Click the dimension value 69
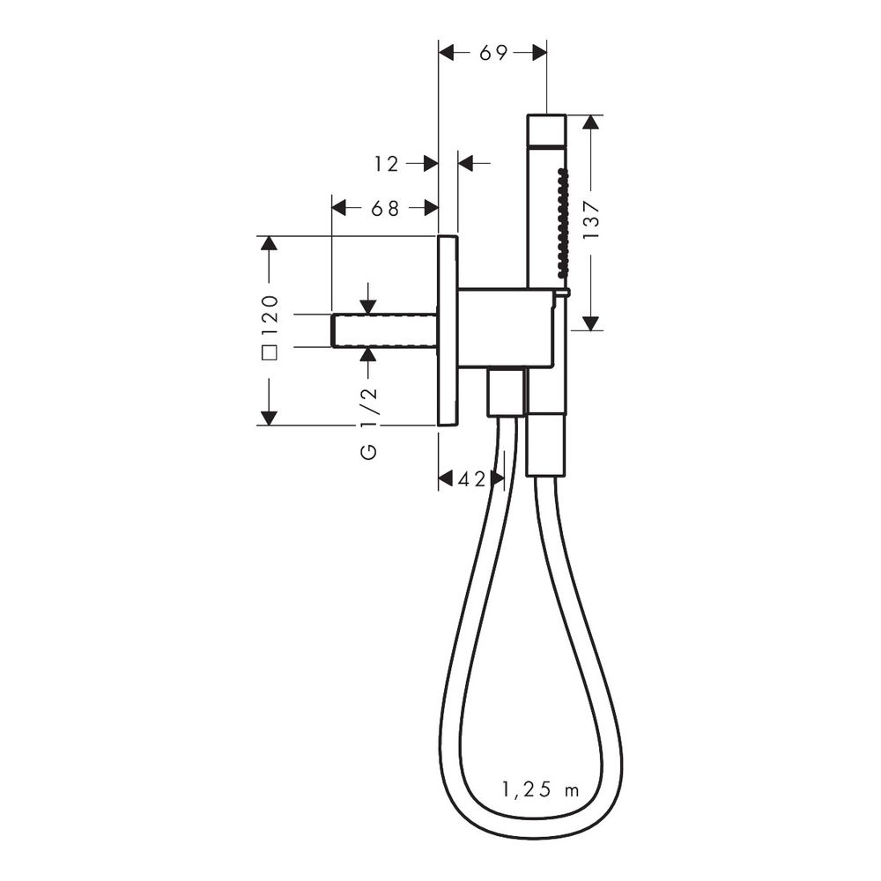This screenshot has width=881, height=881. click(493, 53)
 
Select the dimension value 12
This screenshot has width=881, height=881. click(387, 164)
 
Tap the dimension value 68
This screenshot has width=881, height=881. click(385, 209)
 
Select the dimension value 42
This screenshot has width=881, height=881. click(471, 479)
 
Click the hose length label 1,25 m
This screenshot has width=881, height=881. click(540, 790)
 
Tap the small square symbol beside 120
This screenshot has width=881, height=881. click(270, 353)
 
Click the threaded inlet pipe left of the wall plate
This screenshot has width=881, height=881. click(385, 331)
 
